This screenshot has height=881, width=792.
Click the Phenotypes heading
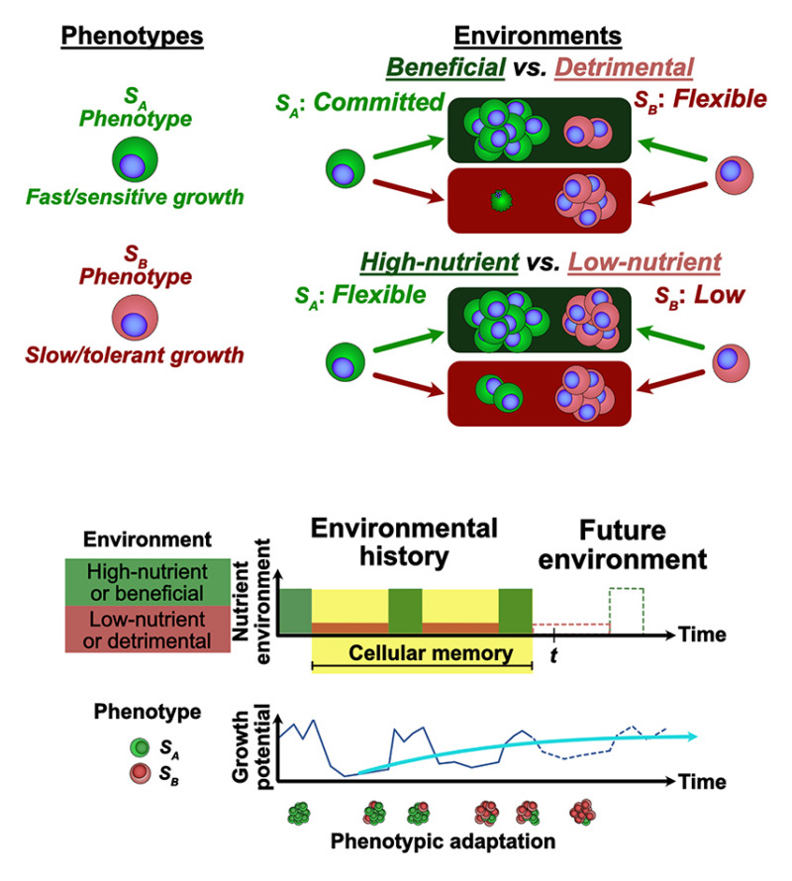coord(132,37)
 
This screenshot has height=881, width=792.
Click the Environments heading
coord(538,37)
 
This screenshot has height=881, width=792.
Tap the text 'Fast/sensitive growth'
coord(133,198)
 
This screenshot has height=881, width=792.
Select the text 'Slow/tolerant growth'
coord(132,353)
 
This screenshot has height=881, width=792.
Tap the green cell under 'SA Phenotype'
coord(133,157)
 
